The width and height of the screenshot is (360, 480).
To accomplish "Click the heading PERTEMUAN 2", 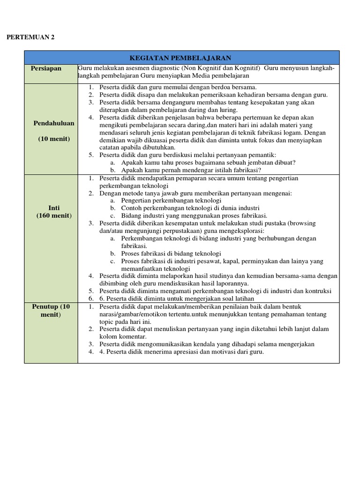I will [x=30, y=37].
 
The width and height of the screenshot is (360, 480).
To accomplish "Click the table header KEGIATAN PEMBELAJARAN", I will [x=180, y=58].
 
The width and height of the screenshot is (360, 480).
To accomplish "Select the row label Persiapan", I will [x=46, y=68].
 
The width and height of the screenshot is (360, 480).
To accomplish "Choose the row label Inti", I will [x=54, y=207].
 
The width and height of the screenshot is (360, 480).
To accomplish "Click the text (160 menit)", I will [x=54, y=215].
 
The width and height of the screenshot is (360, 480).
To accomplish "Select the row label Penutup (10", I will [x=51, y=307].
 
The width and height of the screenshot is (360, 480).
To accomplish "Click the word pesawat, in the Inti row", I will [x=213, y=261].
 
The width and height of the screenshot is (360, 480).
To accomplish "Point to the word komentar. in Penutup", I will [x=132, y=337].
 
